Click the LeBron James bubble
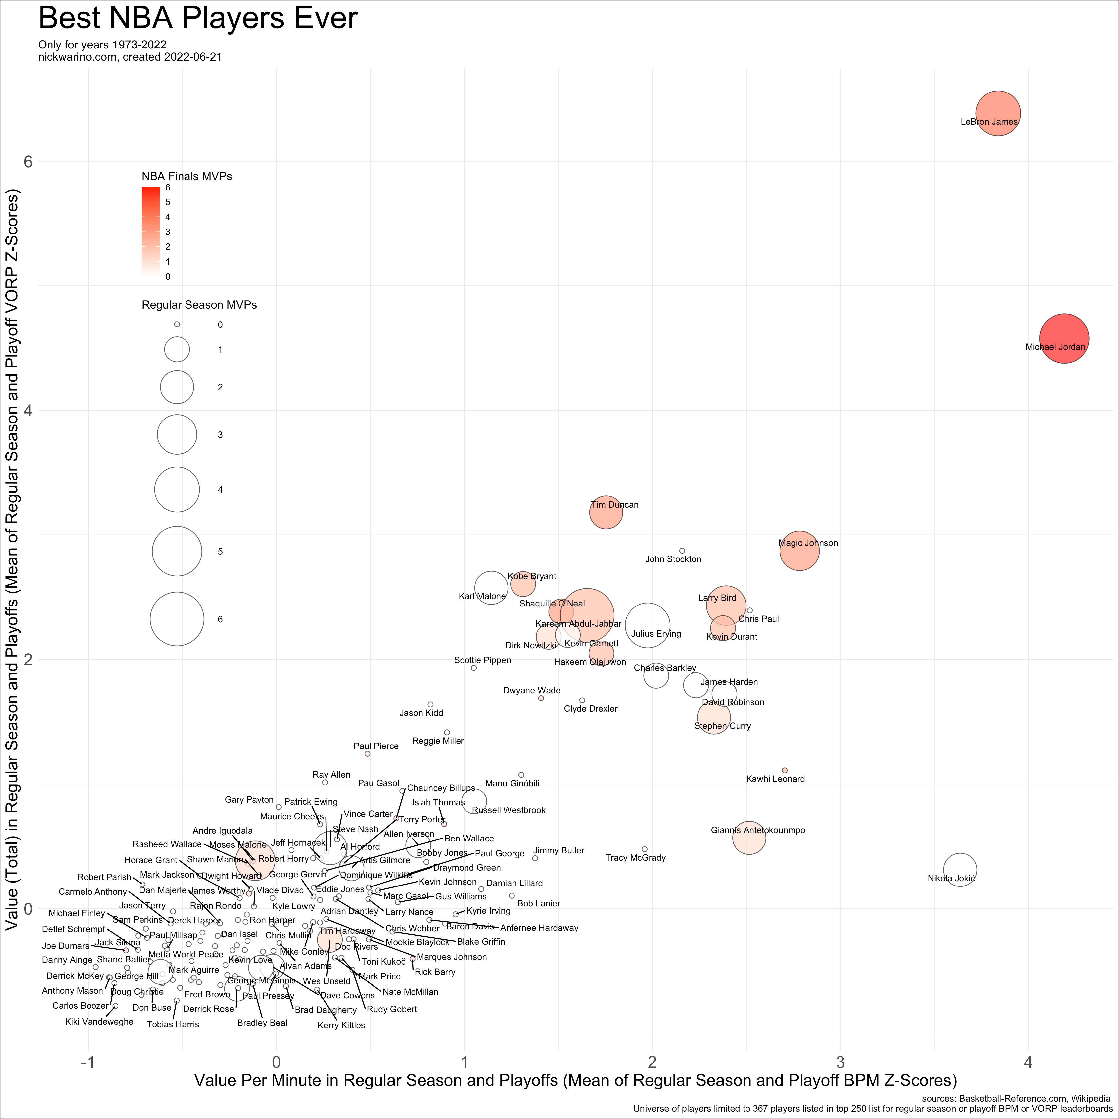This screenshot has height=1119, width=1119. [x=997, y=113]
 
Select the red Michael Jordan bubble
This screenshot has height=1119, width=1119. [x=1064, y=338]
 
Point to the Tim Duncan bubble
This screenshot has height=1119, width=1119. [x=606, y=512]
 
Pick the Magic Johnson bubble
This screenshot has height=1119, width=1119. [x=799, y=550]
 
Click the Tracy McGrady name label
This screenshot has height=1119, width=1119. [x=635, y=858]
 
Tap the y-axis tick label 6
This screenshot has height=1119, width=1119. [x=27, y=162]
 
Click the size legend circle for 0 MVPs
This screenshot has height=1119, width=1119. [x=177, y=324]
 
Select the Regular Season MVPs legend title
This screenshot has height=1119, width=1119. [x=199, y=305]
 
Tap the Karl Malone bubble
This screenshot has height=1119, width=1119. [x=491, y=587]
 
